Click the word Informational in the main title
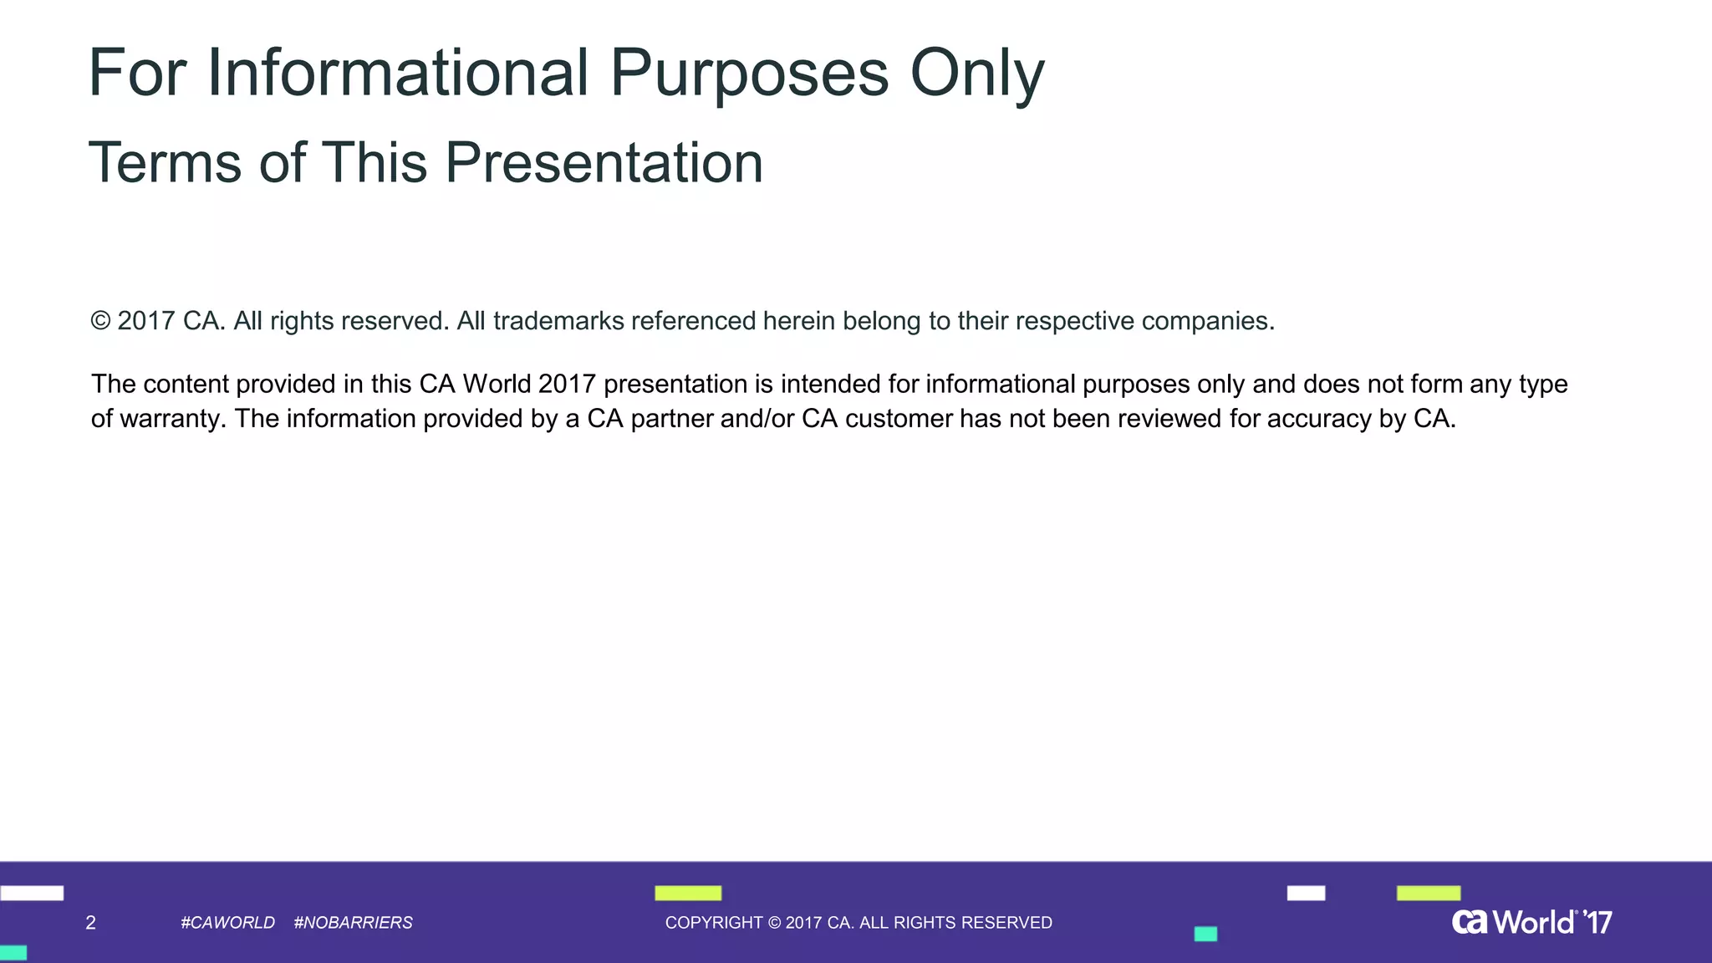click(x=397, y=73)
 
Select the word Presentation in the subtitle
click(x=604, y=162)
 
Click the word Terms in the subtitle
click(x=165, y=162)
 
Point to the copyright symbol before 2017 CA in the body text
click(x=100, y=321)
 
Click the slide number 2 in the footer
click(x=90, y=923)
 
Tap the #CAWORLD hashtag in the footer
click(x=227, y=923)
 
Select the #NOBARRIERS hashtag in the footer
click(x=353, y=923)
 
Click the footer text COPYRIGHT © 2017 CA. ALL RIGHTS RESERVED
click(x=859, y=923)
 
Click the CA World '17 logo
click(x=1531, y=922)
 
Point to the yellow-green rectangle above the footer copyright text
click(x=688, y=893)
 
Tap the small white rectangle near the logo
click(x=1306, y=893)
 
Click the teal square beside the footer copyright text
click(x=1205, y=934)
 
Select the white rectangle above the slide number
click(x=32, y=893)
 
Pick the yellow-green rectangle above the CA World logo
click(x=1429, y=893)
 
